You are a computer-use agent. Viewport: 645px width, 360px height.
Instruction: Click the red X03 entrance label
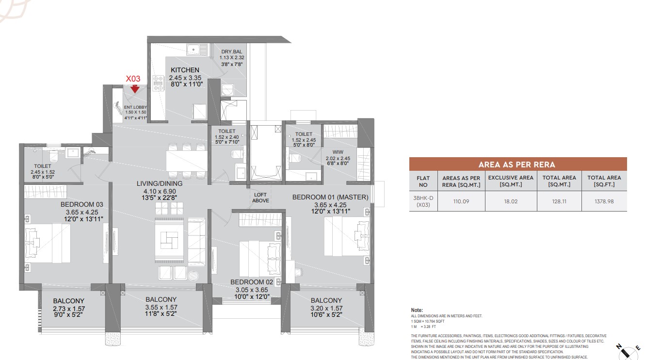click(133, 79)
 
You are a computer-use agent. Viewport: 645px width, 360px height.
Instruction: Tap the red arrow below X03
click(135, 89)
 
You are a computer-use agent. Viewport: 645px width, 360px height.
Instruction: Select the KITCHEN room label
click(185, 70)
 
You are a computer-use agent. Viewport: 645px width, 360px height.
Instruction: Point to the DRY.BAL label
click(231, 51)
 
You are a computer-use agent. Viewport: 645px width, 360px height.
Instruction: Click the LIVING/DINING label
click(160, 183)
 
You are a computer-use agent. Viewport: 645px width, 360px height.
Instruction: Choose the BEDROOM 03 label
click(82, 204)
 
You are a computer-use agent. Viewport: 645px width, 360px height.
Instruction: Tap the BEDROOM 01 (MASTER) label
click(330, 197)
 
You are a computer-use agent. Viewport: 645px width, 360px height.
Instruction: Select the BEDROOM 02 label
click(252, 282)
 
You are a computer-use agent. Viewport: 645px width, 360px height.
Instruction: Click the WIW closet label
click(338, 152)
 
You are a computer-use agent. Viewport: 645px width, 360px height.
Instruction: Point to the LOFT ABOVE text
click(260, 198)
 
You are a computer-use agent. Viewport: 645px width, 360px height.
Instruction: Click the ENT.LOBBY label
click(135, 107)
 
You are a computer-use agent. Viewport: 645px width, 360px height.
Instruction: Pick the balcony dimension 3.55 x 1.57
click(161, 307)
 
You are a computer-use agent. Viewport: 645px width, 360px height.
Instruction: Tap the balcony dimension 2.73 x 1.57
click(69, 309)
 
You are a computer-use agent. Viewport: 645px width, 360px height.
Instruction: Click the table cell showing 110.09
click(461, 201)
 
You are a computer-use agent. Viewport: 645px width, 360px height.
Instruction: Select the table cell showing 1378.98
click(604, 201)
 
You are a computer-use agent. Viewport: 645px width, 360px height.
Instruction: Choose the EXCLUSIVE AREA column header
click(511, 181)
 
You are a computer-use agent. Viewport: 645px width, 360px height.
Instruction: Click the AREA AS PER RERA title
click(517, 164)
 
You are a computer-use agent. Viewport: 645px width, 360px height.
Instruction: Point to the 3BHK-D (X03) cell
click(423, 201)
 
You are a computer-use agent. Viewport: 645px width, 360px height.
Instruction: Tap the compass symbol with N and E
click(628, 351)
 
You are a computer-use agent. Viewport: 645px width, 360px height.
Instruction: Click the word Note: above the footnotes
click(417, 310)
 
